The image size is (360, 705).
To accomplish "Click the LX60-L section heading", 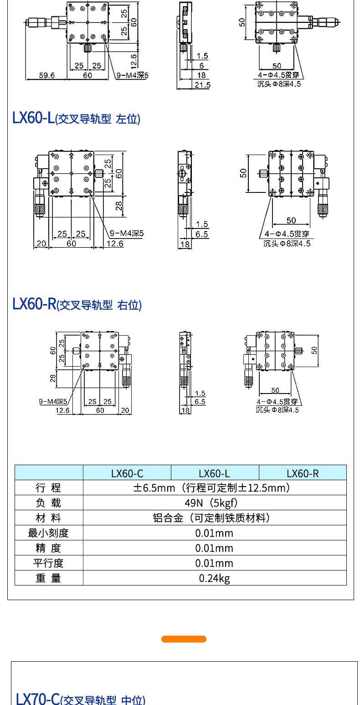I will pyautogui.click(x=76, y=119).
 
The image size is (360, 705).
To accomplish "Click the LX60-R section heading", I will pyautogui.click(x=77, y=305).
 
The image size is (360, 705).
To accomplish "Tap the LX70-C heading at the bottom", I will pyautogui.click(x=80, y=699).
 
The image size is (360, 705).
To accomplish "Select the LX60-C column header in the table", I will pyautogui.click(x=127, y=473).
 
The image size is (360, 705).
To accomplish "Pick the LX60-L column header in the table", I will pyautogui.click(x=215, y=473).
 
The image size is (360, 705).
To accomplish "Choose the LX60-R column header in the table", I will pyautogui.click(x=303, y=473).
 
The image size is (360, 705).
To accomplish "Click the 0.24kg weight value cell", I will pyautogui.click(x=215, y=578).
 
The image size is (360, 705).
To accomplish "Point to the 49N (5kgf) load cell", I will pyautogui.click(x=215, y=503).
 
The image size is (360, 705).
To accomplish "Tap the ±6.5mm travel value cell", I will pyautogui.click(x=215, y=488).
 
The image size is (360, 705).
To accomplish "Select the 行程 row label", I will pyautogui.click(x=49, y=488).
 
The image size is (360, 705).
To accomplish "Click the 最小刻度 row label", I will pyautogui.click(x=49, y=533).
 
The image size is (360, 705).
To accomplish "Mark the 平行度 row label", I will pyautogui.click(x=49, y=563).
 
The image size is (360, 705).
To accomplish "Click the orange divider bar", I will pyautogui.click(x=184, y=639).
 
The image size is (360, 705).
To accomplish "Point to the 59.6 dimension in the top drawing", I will pyautogui.click(x=46, y=75).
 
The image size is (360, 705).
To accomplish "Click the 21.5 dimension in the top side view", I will pyautogui.click(x=202, y=85).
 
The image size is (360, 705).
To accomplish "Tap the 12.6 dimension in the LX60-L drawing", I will pyautogui.click(x=115, y=244).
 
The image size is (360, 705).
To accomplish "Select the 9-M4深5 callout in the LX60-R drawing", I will pyautogui.click(x=53, y=401).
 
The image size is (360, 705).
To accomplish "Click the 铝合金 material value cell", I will pyautogui.click(x=215, y=518).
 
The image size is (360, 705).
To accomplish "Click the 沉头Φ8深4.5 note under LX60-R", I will pyautogui.click(x=278, y=410).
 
